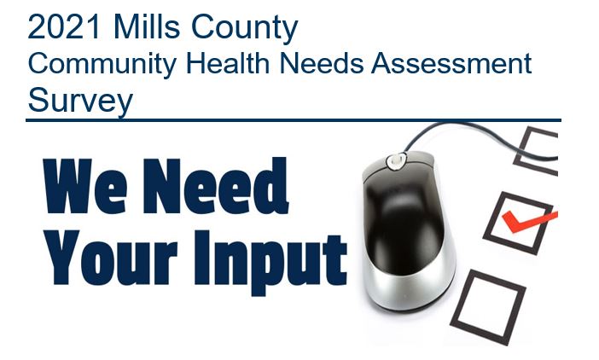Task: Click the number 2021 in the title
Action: pos(64,26)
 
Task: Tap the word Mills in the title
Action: pos(147,26)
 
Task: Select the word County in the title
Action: pos(245,28)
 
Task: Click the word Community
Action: pos(102,64)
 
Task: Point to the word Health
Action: pos(228,62)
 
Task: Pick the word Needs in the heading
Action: pos(322,62)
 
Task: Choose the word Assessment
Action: pos(451,62)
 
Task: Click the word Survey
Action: pos(80,101)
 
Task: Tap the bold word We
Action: pos(84,186)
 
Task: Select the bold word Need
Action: pos(216,185)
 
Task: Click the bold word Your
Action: pos(111,258)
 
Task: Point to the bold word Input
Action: pos(270,263)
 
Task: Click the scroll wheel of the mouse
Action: pos(396,160)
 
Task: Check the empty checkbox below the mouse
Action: pos(489,308)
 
